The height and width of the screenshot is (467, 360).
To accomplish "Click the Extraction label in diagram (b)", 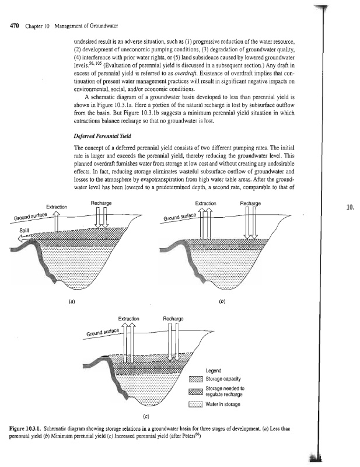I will [205, 203].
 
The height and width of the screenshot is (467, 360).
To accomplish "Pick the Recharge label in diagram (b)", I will [250, 203].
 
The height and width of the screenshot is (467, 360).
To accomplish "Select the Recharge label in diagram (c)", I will [173, 319].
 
